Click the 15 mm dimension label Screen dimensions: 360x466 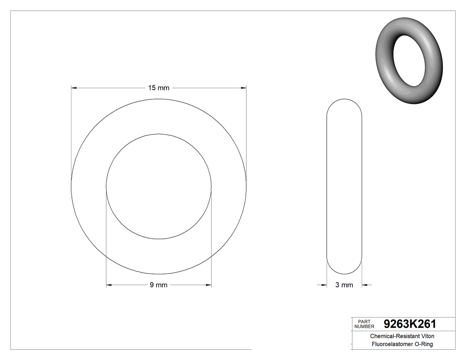click(x=158, y=88)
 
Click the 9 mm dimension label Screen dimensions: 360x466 click(x=158, y=285)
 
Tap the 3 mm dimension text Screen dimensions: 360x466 click(x=344, y=285)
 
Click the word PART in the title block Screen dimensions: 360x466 click(x=364, y=321)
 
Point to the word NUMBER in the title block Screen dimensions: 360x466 click(x=365, y=326)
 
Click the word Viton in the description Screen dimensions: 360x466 click(x=427, y=336)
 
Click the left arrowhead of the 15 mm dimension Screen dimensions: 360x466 click(x=74, y=88)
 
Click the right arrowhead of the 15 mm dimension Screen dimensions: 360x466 click(x=244, y=88)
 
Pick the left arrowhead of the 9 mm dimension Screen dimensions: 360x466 click(x=109, y=285)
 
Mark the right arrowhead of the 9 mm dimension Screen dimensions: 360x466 click(x=209, y=285)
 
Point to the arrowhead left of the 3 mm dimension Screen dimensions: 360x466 click(x=324, y=285)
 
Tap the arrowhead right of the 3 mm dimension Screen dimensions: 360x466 click(x=365, y=285)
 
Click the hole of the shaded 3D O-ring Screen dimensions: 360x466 click(x=410, y=60)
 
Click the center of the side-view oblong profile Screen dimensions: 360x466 click(x=344, y=186)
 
